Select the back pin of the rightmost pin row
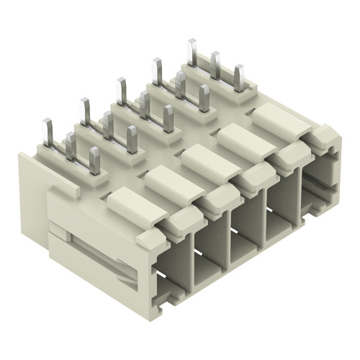coord(192,53)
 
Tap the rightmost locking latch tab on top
coord(281,118)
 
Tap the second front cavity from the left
coord(213,248)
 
